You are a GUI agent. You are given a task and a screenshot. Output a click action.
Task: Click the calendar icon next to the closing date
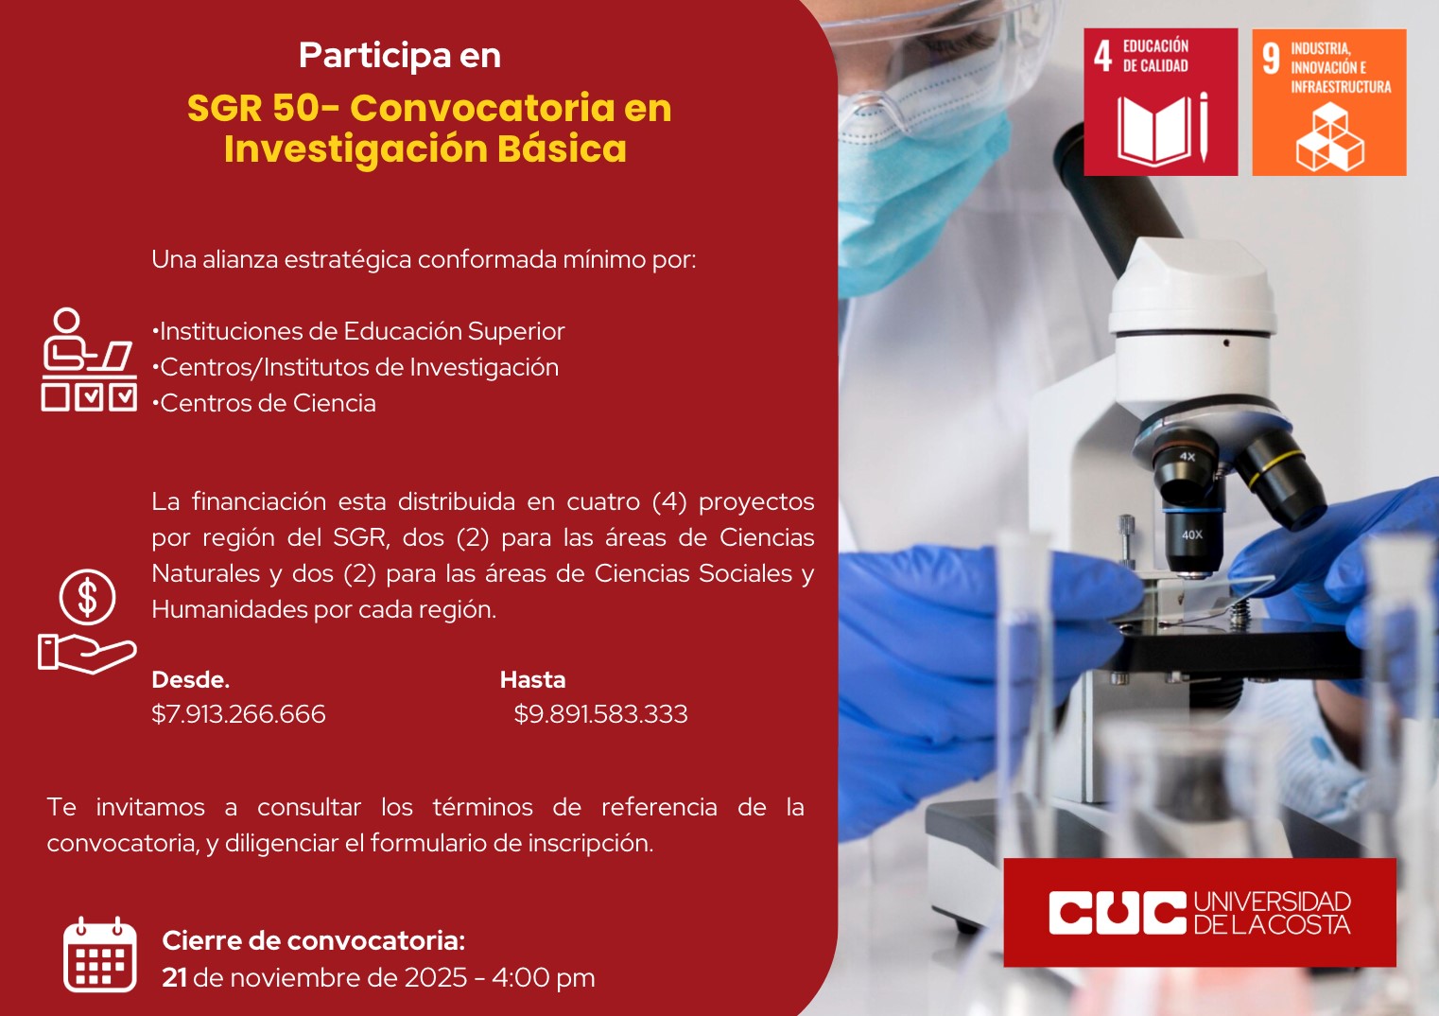click(99, 955)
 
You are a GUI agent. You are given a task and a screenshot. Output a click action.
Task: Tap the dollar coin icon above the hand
click(87, 597)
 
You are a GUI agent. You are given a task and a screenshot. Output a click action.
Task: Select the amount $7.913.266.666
click(238, 714)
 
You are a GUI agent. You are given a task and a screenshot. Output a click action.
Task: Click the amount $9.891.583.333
click(600, 714)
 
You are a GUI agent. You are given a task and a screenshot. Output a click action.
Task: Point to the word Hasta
click(532, 680)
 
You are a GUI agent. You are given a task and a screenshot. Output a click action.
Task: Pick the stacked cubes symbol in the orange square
click(1329, 137)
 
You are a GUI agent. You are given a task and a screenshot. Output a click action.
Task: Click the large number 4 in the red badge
click(1102, 57)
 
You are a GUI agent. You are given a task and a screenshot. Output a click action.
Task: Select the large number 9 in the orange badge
click(1271, 59)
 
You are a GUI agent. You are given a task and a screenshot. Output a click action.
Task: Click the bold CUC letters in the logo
click(1118, 913)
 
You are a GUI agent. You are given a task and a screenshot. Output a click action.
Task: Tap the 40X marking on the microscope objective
click(1191, 534)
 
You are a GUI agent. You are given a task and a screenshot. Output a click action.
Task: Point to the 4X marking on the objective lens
click(1188, 457)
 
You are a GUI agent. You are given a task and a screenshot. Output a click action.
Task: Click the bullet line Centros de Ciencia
click(264, 403)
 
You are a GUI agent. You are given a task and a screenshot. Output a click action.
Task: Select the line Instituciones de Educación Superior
click(358, 332)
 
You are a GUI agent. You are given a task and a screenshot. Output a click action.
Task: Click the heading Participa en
click(400, 55)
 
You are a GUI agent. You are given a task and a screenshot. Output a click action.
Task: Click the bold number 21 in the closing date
click(174, 977)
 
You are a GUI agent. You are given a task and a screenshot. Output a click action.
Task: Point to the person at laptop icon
click(89, 359)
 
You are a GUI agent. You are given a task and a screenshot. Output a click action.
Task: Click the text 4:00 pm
click(544, 978)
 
